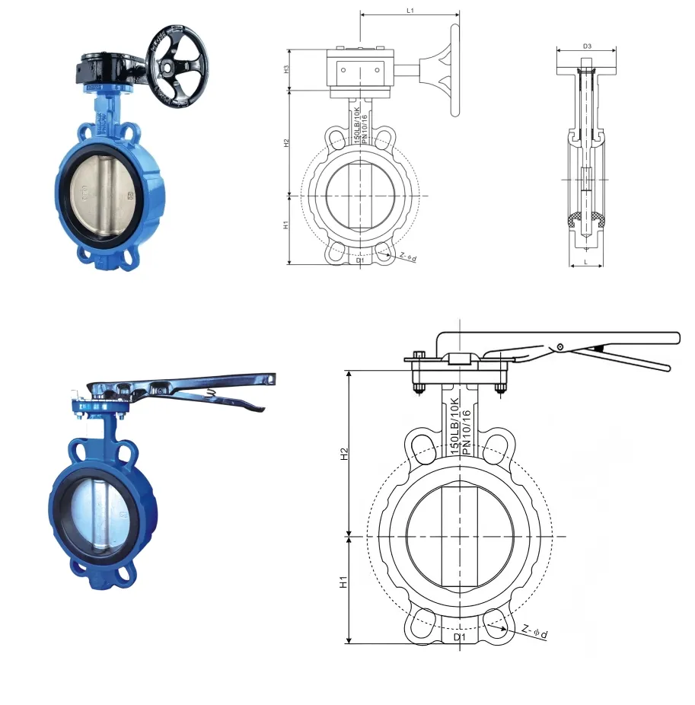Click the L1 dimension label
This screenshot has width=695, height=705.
pos(410,10)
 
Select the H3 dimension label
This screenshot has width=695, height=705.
pos(286,69)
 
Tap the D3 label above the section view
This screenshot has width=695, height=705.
pos(587,46)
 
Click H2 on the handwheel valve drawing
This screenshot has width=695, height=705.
pos(286,142)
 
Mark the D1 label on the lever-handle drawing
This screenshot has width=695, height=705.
pos(459,636)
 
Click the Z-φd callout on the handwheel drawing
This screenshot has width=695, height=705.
pos(407,257)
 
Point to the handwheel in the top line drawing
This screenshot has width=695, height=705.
pos(455,70)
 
